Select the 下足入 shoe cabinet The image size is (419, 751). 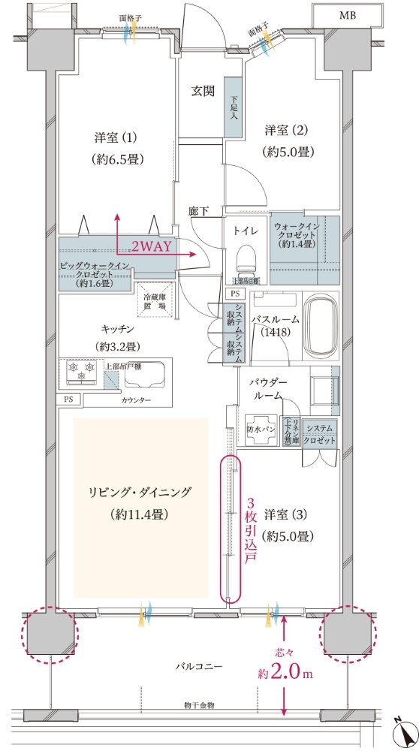pos(233,107)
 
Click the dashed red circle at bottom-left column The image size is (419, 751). pos(50,635)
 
